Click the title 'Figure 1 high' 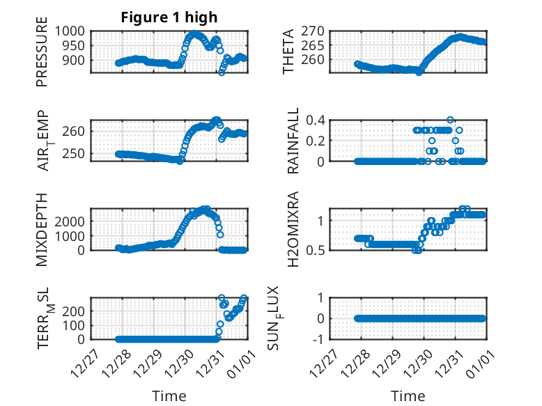170,17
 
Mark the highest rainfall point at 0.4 450,120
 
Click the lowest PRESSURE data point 222,72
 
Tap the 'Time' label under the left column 169,396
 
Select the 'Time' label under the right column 408,396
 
